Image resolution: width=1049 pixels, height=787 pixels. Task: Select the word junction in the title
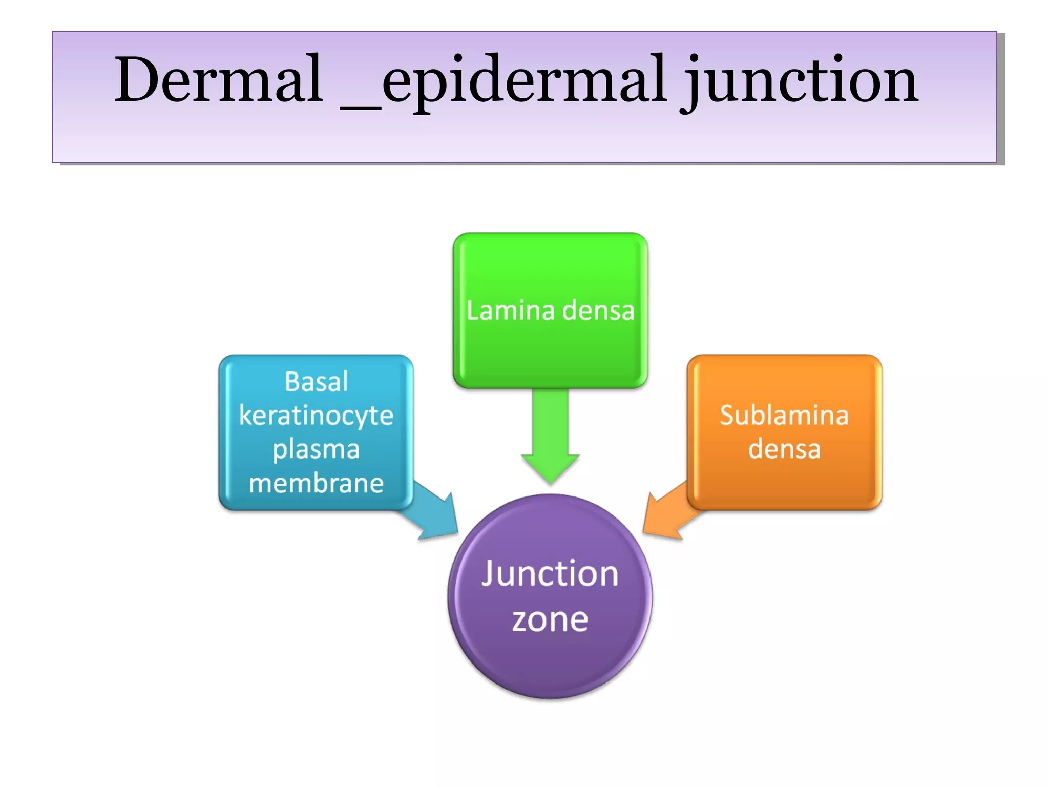point(801,82)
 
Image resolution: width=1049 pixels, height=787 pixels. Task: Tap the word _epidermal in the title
point(505,82)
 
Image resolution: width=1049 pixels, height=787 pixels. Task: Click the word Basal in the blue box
point(316,382)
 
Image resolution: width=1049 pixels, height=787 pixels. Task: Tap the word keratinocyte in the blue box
point(316,416)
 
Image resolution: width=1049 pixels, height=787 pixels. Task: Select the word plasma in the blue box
point(316,450)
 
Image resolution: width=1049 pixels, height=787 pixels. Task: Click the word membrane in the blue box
point(316,483)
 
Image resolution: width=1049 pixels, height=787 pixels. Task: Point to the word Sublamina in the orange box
point(784,415)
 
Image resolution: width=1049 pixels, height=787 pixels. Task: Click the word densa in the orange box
point(784,449)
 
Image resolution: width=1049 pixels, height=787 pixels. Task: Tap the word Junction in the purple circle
point(550,573)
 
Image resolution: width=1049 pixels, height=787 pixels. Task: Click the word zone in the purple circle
point(550,620)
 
